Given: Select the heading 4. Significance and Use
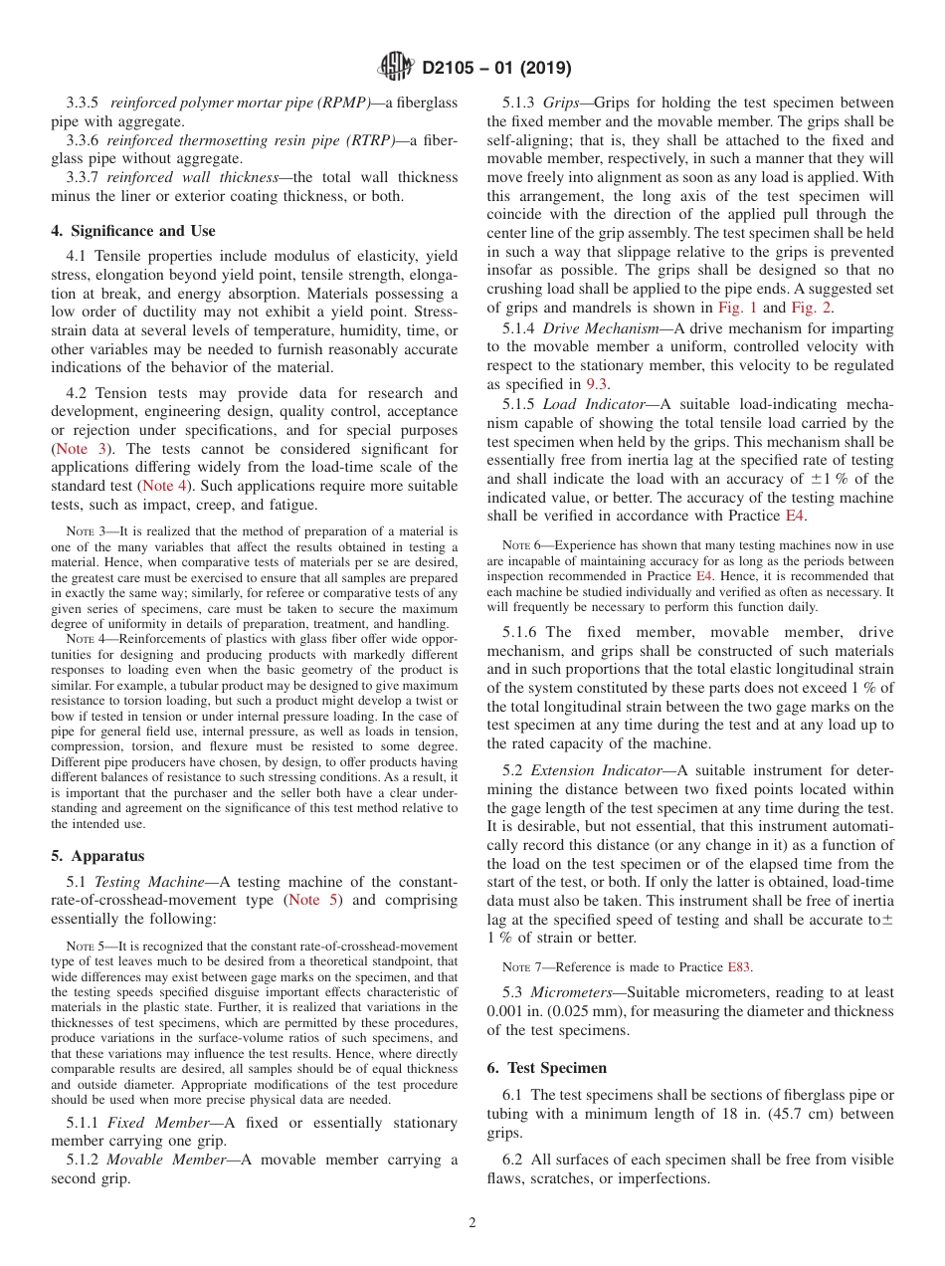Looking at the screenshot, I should click(x=132, y=231).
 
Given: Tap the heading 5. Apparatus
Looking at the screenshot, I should click(x=97, y=855).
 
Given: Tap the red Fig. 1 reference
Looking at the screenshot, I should click(x=737, y=308).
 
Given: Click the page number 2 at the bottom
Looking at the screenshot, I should click(x=472, y=1223).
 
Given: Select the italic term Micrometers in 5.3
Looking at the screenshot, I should click(x=573, y=992).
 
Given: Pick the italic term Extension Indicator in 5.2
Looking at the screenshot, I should click(x=597, y=769).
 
